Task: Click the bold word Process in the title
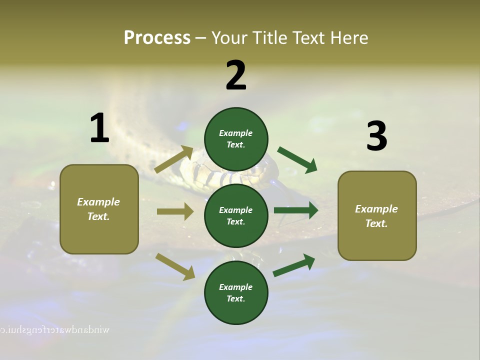pos(157,38)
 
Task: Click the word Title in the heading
pos(269,38)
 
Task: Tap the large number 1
pos(99,128)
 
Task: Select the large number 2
pos(236,75)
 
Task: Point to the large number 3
pos(376,136)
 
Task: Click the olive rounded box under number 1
pos(99,209)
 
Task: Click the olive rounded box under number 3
pos(377,216)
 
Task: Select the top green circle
pos(236,139)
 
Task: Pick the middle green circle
pos(236,215)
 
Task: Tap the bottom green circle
pos(236,292)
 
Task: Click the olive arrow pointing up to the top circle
pos(174,159)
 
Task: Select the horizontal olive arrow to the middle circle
pos(175,211)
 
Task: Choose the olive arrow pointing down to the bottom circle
pos(175,266)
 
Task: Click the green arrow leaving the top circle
pos(297,160)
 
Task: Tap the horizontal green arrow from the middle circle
pos(296,210)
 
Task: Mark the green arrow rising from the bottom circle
pos(294,265)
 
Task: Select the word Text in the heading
pos(309,38)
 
